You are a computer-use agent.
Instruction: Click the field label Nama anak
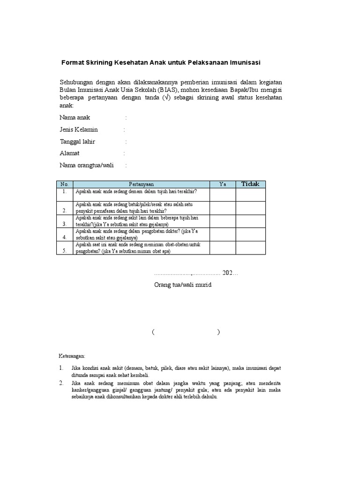(x=75, y=117)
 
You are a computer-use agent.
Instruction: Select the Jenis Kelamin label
(x=79, y=129)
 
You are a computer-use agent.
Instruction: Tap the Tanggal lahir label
(x=77, y=141)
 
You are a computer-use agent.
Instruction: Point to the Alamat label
(x=69, y=153)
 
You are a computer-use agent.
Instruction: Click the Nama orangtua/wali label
(x=87, y=165)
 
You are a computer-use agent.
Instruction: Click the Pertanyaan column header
(x=141, y=184)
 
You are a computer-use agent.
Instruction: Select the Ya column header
(x=223, y=184)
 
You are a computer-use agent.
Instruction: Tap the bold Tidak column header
(x=250, y=184)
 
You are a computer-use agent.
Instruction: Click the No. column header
(x=65, y=184)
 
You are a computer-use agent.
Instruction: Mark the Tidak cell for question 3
(x=250, y=221)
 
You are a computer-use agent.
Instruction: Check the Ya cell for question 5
(x=223, y=247)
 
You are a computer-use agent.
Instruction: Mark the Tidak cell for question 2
(x=250, y=208)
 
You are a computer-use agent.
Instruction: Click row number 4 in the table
(x=65, y=238)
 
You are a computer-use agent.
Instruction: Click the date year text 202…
(x=230, y=273)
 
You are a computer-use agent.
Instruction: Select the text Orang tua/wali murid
(x=183, y=285)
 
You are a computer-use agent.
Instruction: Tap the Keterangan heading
(x=72, y=356)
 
